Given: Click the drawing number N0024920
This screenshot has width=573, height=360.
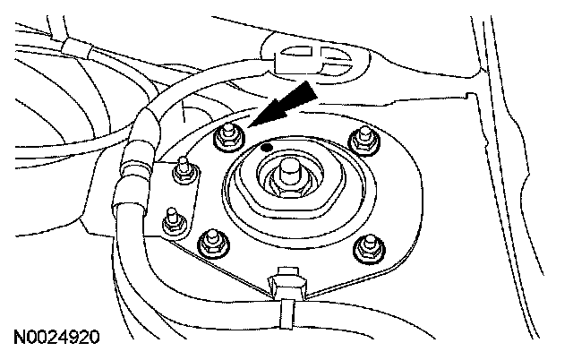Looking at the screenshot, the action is pos(56,339).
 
